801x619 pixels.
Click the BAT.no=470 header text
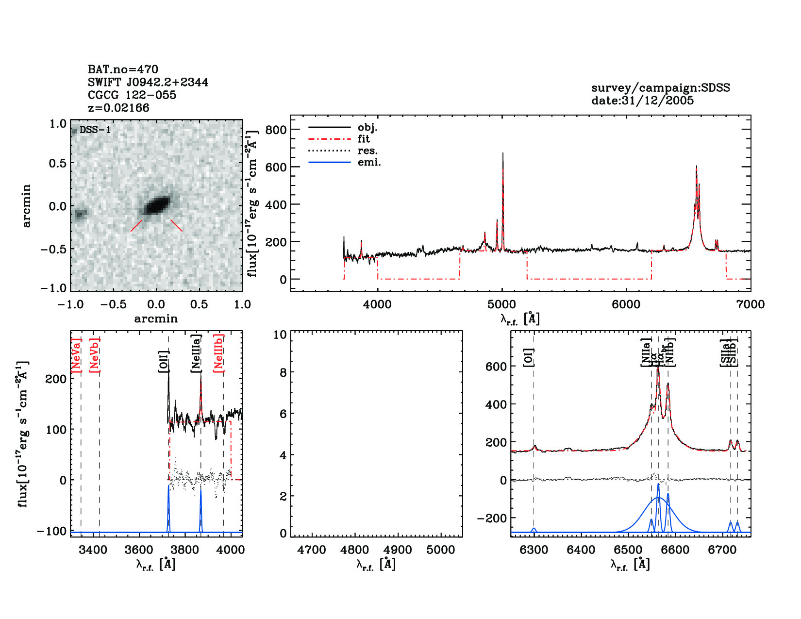coord(123,69)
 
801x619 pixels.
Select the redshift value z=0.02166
coord(118,108)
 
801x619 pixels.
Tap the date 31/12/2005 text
coord(642,100)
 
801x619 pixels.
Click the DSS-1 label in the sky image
coord(95,130)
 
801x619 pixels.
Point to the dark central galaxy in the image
coord(157,205)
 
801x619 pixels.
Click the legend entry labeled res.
coord(367,151)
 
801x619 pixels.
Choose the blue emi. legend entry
coord(369,163)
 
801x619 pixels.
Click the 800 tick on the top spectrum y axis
coord(276,130)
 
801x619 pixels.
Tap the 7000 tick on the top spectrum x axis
coord(750,304)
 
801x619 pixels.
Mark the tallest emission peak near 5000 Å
coord(503,154)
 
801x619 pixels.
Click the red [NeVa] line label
coord(76,355)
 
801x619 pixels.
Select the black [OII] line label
coord(164,361)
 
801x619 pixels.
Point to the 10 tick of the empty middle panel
coord(280,335)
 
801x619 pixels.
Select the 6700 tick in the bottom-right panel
coord(722,550)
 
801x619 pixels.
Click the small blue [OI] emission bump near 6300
coord(534,529)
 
